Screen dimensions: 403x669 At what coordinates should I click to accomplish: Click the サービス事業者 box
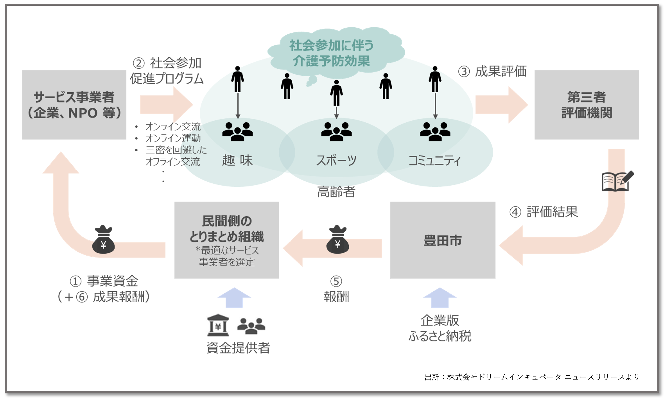(x=74, y=105)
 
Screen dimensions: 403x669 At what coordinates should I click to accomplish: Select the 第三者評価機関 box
(x=587, y=105)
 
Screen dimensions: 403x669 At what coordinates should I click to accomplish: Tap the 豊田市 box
(x=442, y=240)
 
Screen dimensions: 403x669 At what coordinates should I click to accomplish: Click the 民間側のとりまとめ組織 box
(x=227, y=240)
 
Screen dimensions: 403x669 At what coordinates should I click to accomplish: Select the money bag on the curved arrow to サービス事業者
(x=103, y=240)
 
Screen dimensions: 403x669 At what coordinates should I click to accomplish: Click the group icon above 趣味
(x=237, y=132)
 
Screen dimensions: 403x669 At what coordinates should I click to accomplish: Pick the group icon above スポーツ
(x=336, y=132)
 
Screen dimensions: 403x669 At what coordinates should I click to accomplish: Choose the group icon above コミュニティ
(x=435, y=132)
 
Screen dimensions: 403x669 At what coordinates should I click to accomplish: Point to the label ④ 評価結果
(x=544, y=212)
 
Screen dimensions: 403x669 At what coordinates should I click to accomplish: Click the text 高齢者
(x=336, y=192)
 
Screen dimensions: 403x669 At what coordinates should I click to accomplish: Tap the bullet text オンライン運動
(x=173, y=138)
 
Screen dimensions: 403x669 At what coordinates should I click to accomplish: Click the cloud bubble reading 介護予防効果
(x=331, y=53)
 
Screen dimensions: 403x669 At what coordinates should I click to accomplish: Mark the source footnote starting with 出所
(x=532, y=377)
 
